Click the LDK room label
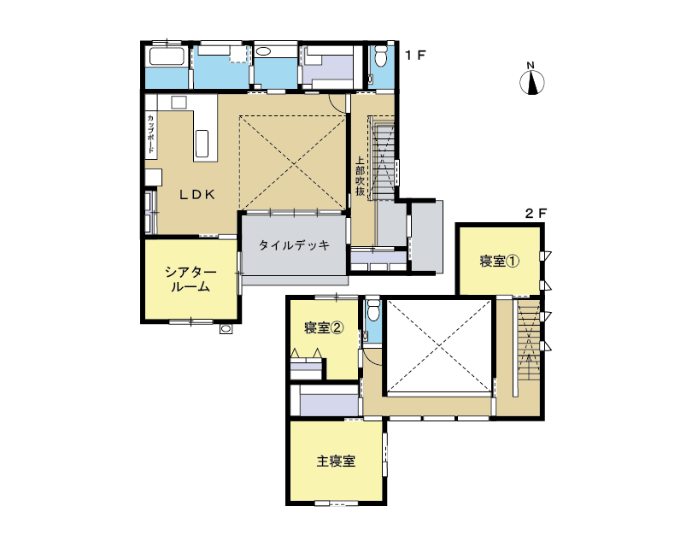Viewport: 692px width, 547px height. (x=197, y=194)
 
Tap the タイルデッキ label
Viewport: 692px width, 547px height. (x=294, y=245)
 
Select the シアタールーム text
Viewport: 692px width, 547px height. (x=191, y=279)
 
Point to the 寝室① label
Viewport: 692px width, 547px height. (x=500, y=261)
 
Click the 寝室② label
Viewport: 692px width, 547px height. (x=324, y=327)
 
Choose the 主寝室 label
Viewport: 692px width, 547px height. (x=336, y=462)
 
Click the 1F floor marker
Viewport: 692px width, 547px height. (x=415, y=56)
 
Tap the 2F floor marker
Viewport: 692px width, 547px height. (x=536, y=214)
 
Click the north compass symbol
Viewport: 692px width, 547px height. (x=531, y=79)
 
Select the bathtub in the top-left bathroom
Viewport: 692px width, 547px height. (x=167, y=56)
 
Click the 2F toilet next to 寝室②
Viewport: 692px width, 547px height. (x=373, y=310)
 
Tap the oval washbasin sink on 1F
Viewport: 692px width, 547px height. (x=263, y=51)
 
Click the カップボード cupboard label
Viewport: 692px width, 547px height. (x=150, y=134)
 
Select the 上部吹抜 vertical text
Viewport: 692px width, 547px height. (x=361, y=176)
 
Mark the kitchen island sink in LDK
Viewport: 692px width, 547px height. (x=202, y=144)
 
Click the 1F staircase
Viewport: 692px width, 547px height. (x=382, y=158)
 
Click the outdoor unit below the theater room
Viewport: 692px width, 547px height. (x=226, y=329)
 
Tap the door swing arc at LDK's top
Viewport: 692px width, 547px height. (x=338, y=103)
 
